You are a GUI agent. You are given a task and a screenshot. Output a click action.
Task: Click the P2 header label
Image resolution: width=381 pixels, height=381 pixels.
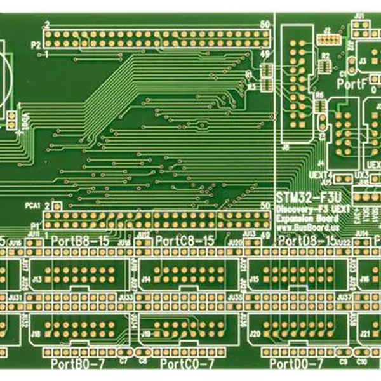(x=36, y=45)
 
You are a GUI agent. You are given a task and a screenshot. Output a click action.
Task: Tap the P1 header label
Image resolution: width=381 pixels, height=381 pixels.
(x=36, y=226)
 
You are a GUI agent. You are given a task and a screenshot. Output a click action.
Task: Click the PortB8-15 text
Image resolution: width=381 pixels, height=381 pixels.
(x=79, y=241)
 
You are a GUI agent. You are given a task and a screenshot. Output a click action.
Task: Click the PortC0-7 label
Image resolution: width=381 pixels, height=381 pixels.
(x=185, y=364)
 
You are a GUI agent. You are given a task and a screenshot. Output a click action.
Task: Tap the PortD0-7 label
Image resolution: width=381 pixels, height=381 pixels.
(x=295, y=364)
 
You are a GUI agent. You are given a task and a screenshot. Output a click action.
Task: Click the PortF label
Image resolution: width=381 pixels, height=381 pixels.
(x=352, y=83)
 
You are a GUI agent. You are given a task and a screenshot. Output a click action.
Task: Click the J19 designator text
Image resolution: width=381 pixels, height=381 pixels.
(x=146, y=333)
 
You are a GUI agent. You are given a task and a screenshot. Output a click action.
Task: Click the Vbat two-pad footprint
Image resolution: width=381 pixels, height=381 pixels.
(x=11, y=117)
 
